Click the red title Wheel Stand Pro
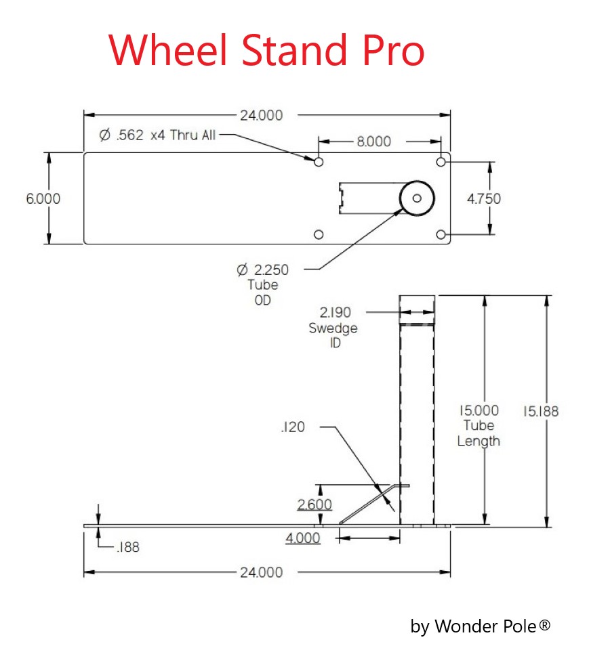click(266, 49)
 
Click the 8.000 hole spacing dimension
click(374, 142)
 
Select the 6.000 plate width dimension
click(43, 198)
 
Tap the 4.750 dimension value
click(484, 198)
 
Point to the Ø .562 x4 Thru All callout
click(157, 135)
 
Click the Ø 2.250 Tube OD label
click(262, 284)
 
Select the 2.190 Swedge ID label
click(333, 327)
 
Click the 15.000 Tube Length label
click(479, 425)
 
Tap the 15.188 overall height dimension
click(541, 411)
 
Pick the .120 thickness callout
click(292, 427)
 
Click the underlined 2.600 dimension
click(314, 504)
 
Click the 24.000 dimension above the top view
click(261, 115)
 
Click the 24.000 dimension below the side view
click(261, 572)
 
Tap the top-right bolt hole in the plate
click(441, 162)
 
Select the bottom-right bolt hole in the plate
click(441, 234)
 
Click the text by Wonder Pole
click(480, 626)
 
